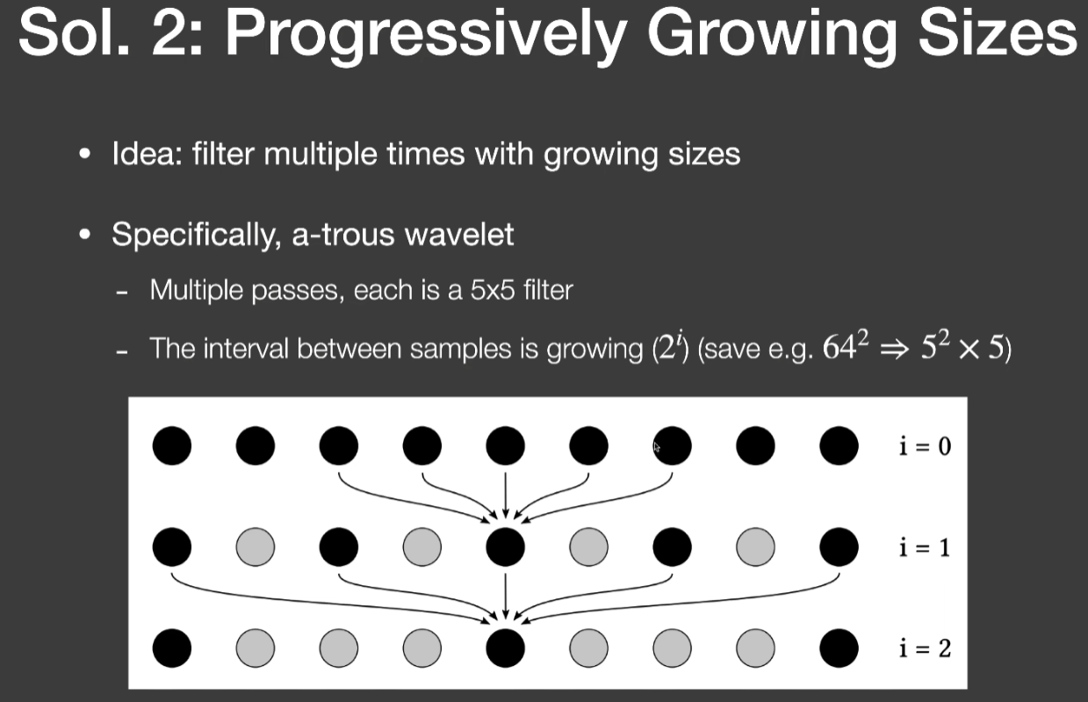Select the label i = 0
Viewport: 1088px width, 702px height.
pyautogui.click(x=925, y=446)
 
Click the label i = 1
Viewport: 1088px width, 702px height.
pyautogui.click(x=925, y=547)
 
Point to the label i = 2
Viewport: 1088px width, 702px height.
pyautogui.click(x=925, y=648)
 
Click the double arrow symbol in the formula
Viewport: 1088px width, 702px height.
pyautogui.click(x=894, y=351)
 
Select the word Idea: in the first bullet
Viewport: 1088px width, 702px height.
pyautogui.click(x=148, y=154)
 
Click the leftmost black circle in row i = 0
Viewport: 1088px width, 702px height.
pyautogui.click(x=172, y=446)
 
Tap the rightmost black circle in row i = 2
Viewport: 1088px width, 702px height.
pyautogui.click(x=839, y=648)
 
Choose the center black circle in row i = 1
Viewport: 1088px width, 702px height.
pyautogui.click(x=505, y=547)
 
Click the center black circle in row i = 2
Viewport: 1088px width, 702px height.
pyautogui.click(x=505, y=648)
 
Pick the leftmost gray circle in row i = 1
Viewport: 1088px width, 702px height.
pyautogui.click(x=256, y=547)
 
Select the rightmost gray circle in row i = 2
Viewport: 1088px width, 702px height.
pyautogui.click(x=755, y=648)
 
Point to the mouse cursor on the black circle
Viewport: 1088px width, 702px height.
pyautogui.click(x=657, y=447)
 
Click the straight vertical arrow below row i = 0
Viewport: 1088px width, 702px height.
pyautogui.click(x=505, y=496)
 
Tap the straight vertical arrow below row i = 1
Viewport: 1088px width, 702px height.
pyautogui.click(x=505, y=597)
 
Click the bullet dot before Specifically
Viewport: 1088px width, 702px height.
pyautogui.click(x=85, y=235)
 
